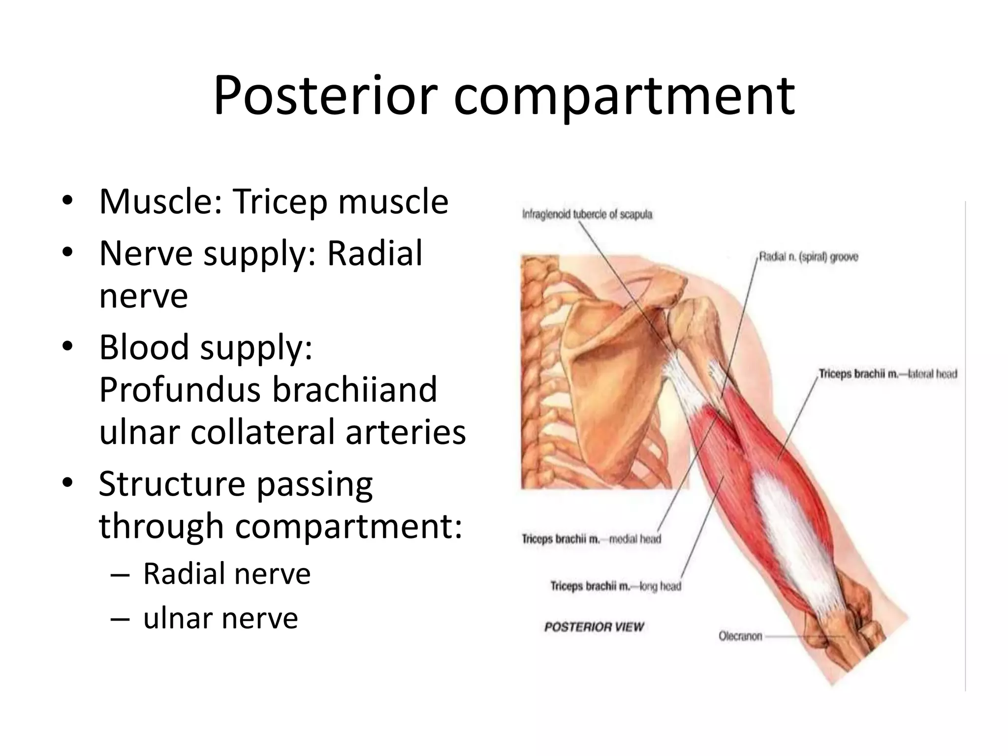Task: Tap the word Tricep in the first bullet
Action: click(280, 202)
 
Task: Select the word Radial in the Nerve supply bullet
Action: click(375, 253)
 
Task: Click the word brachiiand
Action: click(354, 389)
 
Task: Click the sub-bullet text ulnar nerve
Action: click(220, 618)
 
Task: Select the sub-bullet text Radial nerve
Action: click(227, 574)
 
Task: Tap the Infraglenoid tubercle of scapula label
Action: click(587, 215)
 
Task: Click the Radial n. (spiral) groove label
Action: click(808, 257)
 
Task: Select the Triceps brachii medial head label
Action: click(591, 539)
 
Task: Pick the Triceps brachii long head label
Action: click(615, 586)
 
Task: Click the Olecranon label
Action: click(740, 636)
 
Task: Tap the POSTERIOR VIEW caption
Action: click(594, 627)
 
